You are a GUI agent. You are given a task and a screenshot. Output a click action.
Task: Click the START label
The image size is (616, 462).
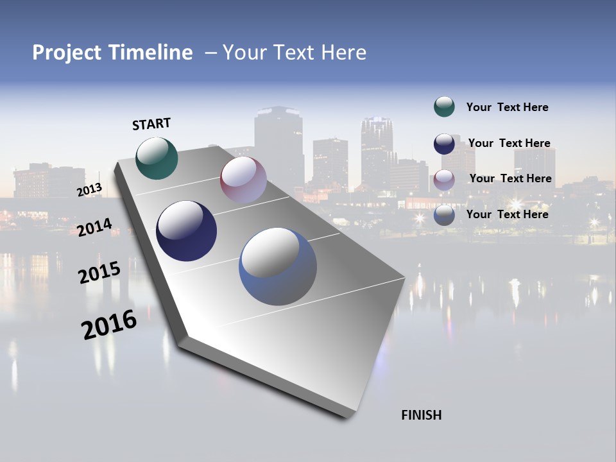pyautogui.click(x=151, y=124)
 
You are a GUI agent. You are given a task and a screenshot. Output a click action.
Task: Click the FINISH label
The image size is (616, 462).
pyautogui.click(x=422, y=415)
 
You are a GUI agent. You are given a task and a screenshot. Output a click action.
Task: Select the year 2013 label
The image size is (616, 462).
pyautogui.click(x=90, y=189)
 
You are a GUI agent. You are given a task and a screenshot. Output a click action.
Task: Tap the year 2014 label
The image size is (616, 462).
pyautogui.click(x=95, y=227)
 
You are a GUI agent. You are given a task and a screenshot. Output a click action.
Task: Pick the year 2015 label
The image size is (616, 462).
pyautogui.click(x=99, y=273)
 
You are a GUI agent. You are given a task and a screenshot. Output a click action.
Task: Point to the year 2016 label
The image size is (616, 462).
pyautogui.click(x=109, y=324)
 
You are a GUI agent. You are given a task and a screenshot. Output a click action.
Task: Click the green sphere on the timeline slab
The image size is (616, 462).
pyautogui.click(x=157, y=158)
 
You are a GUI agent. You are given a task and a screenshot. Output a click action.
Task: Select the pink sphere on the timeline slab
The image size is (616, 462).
pyautogui.click(x=243, y=180)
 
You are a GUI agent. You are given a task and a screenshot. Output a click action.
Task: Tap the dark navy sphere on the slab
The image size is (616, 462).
pyautogui.click(x=187, y=231)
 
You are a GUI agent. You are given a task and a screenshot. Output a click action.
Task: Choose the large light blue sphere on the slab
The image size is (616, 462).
pyautogui.click(x=278, y=266)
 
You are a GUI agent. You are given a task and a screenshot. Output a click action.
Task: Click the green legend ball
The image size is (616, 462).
pyautogui.click(x=444, y=107)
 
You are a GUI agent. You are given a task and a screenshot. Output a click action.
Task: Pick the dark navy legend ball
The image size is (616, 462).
pyautogui.click(x=444, y=144)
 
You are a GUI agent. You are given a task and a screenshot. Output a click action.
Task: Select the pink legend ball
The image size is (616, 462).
pyautogui.click(x=444, y=179)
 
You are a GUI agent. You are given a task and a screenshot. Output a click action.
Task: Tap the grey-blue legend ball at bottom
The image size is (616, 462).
pyautogui.click(x=444, y=215)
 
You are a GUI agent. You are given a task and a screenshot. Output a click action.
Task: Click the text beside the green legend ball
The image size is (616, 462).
pyautogui.click(x=507, y=107)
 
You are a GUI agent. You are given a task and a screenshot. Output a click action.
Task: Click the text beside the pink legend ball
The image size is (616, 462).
pyautogui.click(x=510, y=178)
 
